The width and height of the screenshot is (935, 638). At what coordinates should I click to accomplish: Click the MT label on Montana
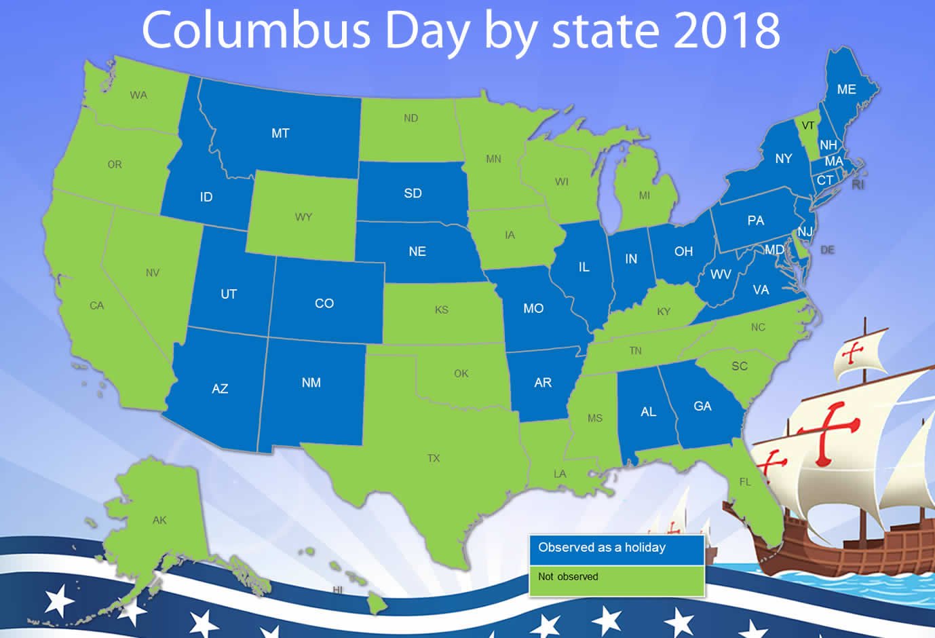tap(280, 133)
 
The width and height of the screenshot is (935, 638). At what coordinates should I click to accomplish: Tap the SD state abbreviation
tap(413, 193)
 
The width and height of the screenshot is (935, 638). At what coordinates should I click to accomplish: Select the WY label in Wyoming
tap(303, 217)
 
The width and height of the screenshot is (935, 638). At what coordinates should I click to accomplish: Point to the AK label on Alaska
tap(159, 520)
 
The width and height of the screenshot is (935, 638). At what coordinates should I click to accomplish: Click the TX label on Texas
tap(434, 458)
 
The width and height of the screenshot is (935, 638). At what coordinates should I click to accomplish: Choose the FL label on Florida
tap(745, 482)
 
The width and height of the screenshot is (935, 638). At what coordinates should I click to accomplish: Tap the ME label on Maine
tap(846, 90)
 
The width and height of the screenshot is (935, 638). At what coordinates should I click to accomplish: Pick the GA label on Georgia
tap(702, 406)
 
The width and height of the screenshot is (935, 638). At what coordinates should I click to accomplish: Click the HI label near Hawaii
tap(337, 590)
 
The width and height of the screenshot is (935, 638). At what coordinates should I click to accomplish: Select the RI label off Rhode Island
tap(858, 185)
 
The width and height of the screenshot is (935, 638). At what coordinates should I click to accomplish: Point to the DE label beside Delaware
tap(827, 250)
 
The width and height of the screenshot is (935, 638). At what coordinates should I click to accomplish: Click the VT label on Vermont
tap(807, 126)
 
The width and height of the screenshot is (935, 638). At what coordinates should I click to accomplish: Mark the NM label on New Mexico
tap(311, 383)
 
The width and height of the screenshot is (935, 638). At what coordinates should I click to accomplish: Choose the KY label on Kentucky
tap(664, 312)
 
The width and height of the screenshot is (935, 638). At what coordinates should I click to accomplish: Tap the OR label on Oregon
tap(115, 164)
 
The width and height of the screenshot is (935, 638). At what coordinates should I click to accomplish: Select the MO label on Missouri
tap(533, 309)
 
